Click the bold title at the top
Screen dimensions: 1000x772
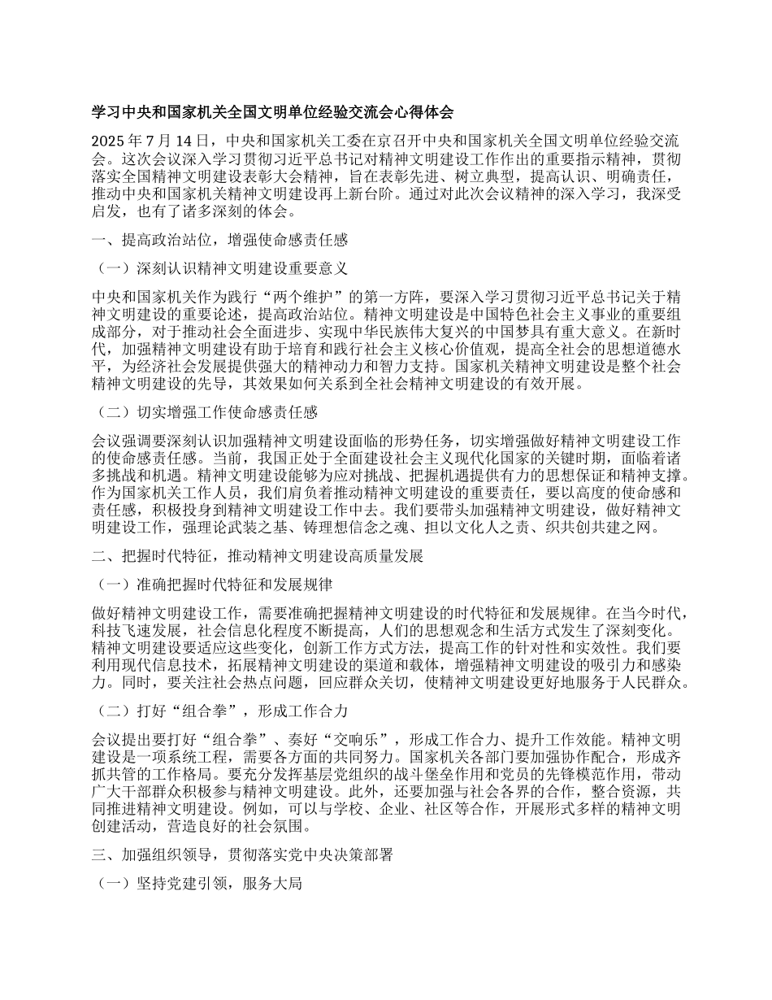click(x=272, y=112)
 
